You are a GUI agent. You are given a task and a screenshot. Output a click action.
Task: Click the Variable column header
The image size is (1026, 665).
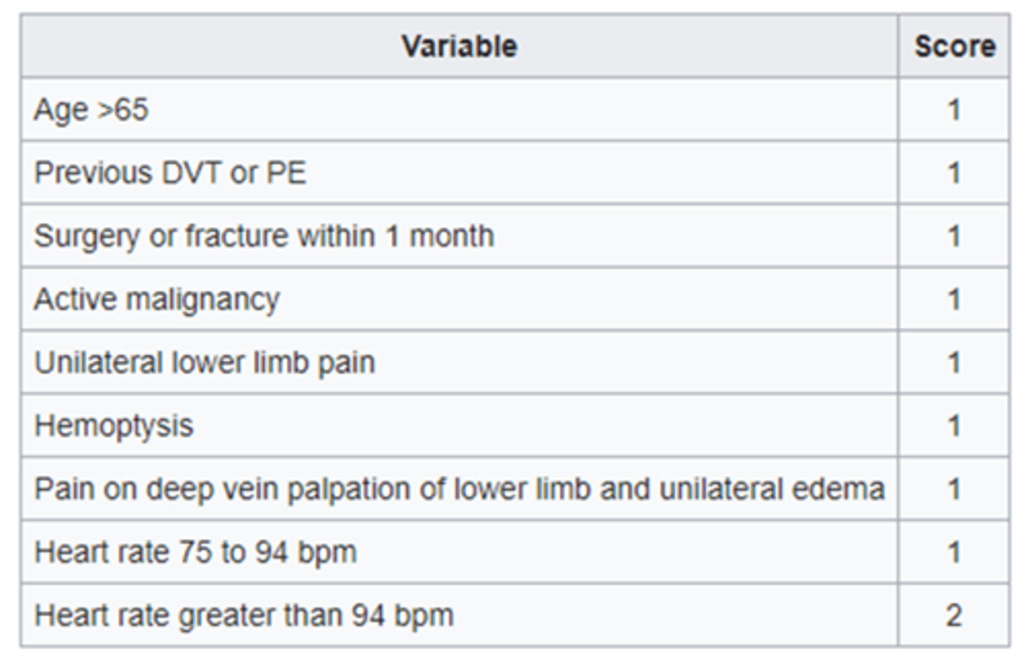tap(459, 47)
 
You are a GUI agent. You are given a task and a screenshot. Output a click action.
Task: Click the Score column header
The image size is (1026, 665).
tap(954, 47)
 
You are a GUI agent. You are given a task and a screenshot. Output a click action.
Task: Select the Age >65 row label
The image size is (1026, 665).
tap(91, 110)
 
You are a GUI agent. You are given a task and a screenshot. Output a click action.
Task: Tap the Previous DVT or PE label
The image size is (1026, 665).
tap(170, 173)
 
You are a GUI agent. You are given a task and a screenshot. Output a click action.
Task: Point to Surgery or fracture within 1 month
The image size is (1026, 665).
tap(264, 236)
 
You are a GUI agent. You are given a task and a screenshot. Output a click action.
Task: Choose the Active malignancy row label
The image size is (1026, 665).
tap(157, 299)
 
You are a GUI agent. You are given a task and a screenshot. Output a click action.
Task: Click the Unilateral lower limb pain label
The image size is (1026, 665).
tap(204, 363)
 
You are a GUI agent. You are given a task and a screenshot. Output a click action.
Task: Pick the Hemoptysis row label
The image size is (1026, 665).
tap(114, 426)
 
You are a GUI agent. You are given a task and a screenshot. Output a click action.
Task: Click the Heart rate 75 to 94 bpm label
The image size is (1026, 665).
tap(195, 552)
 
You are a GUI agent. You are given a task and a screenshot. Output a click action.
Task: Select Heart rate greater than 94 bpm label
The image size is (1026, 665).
tap(244, 616)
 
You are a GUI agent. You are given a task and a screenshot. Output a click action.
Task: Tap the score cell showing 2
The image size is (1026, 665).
tap(954, 616)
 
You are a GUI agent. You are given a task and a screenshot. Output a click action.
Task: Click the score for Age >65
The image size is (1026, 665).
tap(954, 110)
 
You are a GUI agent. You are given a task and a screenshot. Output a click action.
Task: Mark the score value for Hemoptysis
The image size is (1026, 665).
tap(954, 426)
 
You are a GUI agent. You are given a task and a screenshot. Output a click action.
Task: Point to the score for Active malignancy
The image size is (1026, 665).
tap(954, 299)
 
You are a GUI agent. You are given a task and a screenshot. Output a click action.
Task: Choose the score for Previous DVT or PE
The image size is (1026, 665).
tap(954, 173)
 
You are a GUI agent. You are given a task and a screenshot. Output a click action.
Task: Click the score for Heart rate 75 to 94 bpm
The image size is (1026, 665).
tap(954, 552)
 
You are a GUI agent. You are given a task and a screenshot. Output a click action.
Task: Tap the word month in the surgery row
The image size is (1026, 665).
tap(452, 236)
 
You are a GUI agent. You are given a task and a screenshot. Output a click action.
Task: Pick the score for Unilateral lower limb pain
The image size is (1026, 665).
tap(954, 363)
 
